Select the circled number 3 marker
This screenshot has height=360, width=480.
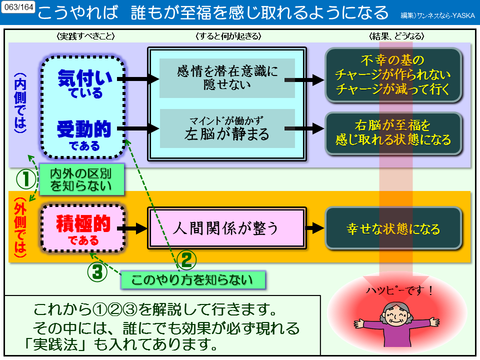[97, 271]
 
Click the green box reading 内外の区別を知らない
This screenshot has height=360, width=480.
[81, 180]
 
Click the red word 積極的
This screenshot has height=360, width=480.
[83, 223]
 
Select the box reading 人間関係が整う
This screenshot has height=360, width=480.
[225, 228]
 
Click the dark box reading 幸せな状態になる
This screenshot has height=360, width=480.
[393, 228]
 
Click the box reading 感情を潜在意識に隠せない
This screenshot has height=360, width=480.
[227, 78]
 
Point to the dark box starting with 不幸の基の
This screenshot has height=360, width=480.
[393, 75]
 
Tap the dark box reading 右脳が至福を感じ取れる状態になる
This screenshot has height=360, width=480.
[393, 131]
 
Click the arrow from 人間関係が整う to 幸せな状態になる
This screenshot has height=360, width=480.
[315, 228]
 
